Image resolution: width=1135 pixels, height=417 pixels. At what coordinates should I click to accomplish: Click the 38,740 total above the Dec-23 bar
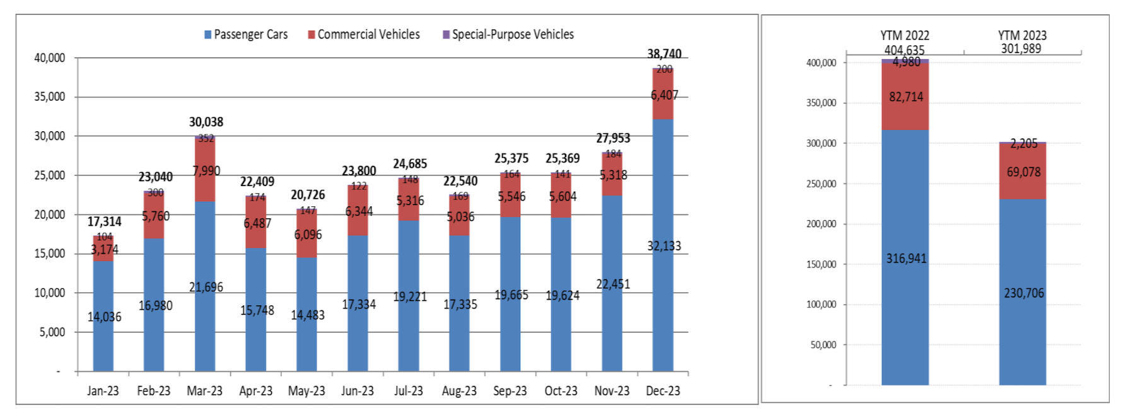tap(664, 54)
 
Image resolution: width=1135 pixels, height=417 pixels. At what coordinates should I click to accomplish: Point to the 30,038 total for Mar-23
tap(206, 122)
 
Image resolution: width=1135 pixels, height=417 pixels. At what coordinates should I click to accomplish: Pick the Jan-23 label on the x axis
tap(103, 391)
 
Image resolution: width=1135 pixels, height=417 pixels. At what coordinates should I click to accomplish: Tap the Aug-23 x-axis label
tap(459, 391)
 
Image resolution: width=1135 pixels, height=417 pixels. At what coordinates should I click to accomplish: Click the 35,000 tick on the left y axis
tap(50, 97)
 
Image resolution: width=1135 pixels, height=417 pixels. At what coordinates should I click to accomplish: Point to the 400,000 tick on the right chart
tap(821, 62)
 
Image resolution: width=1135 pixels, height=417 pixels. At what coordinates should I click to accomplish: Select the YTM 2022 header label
tap(905, 35)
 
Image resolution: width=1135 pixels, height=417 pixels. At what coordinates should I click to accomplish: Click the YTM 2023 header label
tap(1022, 35)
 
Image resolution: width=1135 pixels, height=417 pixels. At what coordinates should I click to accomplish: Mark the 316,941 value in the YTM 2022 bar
tap(906, 259)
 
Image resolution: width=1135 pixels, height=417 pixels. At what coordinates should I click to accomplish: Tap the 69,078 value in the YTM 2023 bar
tap(1023, 172)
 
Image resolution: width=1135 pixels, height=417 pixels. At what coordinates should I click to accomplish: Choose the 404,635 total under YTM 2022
tap(904, 50)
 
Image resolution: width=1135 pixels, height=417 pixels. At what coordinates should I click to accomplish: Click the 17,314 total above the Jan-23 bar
tap(104, 221)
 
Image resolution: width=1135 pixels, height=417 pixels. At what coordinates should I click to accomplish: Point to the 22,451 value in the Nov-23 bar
tap(613, 285)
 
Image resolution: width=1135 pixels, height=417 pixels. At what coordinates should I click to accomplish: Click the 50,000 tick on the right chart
tap(824, 344)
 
